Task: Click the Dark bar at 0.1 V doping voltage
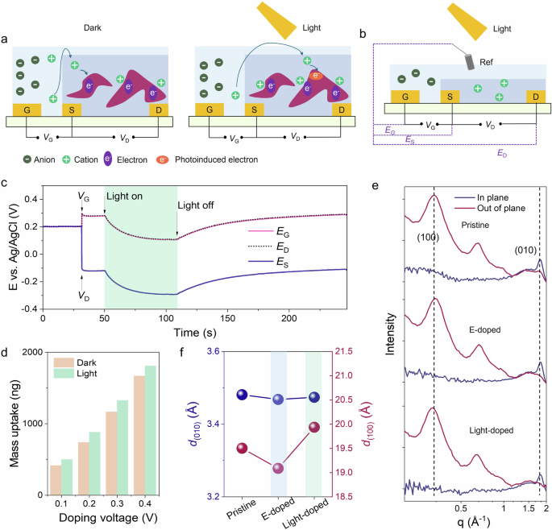(x=56, y=480)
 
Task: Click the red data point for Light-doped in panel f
(x=314, y=427)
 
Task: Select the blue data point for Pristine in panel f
(x=239, y=394)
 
